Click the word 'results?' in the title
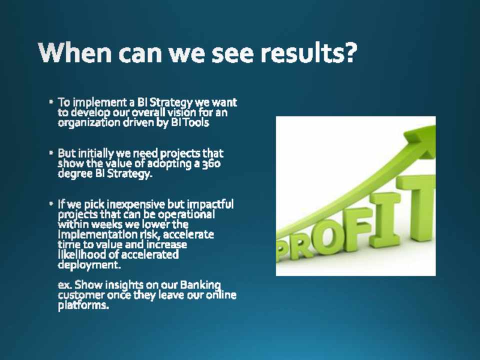tap(308, 52)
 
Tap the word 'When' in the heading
tap(75, 52)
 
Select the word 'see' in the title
tap(233, 53)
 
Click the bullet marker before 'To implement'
tap(51, 101)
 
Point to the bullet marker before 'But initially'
tap(51, 152)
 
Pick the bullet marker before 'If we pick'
tap(51, 203)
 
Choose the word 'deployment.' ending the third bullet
tap(89, 265)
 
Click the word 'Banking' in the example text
tap(200, 285)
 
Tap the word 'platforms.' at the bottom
tap(83, 305)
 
